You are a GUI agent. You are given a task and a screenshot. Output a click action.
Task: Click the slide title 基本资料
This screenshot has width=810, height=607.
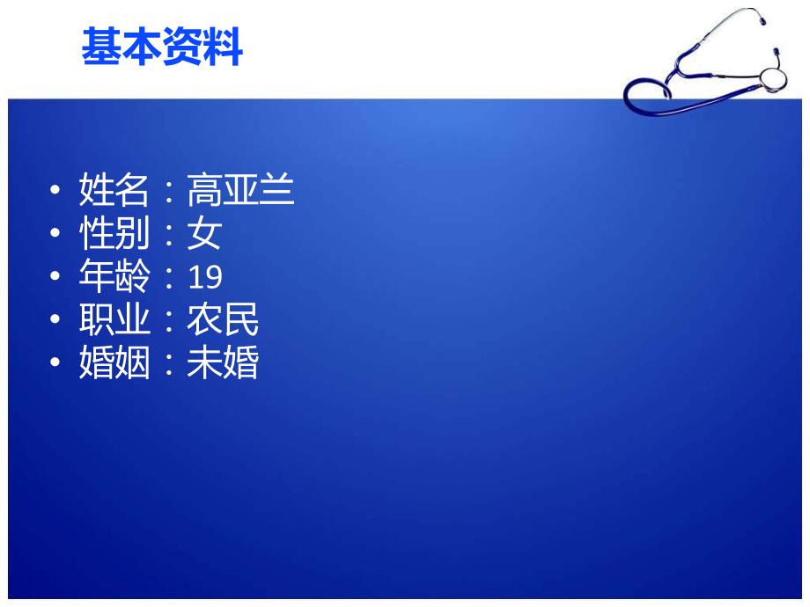(x=161, y=47)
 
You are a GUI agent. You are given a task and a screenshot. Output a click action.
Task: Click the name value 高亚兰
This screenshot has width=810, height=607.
(x=240, y=190)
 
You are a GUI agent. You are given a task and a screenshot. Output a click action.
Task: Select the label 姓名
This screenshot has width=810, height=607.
(x=114, y=190)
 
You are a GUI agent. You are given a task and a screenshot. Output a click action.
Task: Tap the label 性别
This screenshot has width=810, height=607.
(x=114, y=234)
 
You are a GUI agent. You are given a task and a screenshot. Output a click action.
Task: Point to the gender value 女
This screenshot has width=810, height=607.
(x=204, y=234)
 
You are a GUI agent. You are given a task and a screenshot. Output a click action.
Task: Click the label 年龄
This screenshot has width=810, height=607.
(x=114, y=277)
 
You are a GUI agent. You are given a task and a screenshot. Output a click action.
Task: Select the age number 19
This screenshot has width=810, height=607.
(x=205, y=278)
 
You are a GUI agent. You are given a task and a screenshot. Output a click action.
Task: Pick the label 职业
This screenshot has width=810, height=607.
(x=114, y=320)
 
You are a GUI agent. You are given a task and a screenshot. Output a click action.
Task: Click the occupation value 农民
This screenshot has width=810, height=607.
(x=223, y=320)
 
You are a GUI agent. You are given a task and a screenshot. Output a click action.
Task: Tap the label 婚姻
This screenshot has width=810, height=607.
(x=114, y=363)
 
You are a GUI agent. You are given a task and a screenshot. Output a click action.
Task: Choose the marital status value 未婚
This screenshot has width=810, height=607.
(x=223, y=363)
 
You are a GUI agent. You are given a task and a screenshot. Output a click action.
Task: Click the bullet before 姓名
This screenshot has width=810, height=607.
(x=57, y=191)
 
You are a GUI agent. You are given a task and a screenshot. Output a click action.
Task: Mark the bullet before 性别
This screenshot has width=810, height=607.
(x=57, y=235)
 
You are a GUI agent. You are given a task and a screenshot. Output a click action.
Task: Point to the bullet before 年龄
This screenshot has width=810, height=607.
(x=57, y=278)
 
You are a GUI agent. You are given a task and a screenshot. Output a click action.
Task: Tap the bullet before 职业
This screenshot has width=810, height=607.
(x=57, y=321)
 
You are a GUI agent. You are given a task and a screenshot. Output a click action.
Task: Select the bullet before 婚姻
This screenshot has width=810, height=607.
(x=57, y=364)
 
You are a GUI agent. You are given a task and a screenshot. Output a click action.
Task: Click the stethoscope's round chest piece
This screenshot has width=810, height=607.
(x=772, y=77)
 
